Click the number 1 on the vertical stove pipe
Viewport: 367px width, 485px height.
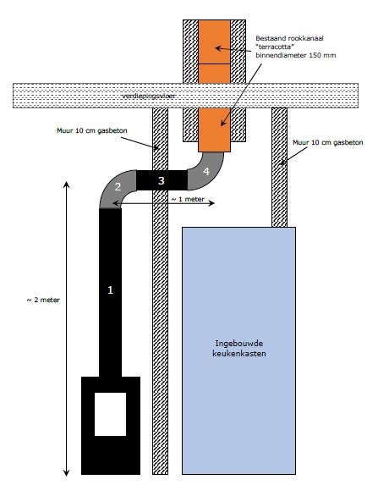(110, 290)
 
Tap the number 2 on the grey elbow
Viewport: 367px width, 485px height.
(118, 186)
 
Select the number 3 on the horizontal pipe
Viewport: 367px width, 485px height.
(161, 180)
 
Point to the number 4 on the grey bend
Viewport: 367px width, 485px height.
(206, 171)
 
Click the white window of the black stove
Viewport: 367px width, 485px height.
(110, 414)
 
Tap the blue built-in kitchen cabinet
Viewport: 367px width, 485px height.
(238, 350)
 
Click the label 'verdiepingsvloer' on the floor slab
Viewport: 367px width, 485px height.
(149, 96)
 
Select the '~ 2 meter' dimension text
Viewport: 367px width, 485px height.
(43, 300)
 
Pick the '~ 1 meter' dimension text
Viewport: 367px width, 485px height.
(188, 199)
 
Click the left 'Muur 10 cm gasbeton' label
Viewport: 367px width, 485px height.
(91, 131)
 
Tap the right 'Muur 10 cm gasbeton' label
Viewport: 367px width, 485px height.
(328, 142)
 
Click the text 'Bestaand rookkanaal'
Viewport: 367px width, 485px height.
(289, 38)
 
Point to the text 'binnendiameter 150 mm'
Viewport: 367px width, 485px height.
(296, 55)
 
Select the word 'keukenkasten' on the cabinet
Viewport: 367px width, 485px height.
(239, 353)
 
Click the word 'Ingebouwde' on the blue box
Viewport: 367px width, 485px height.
(238, 344)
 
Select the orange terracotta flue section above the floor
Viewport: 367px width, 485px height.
(215, 52)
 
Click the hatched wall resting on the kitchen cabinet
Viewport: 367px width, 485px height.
(279, 168)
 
